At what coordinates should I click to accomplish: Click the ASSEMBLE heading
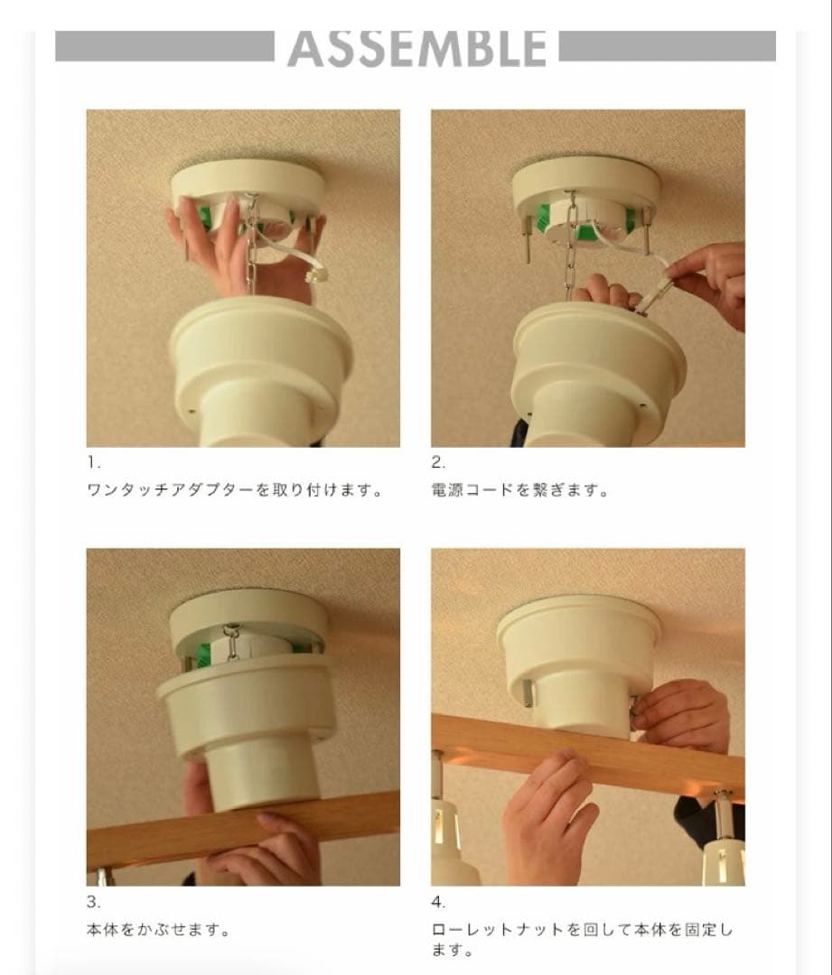click(x=416, y=49)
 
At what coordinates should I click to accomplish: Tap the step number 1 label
click(x=94, y=463)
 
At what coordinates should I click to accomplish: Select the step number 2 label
click(x=438, y=463)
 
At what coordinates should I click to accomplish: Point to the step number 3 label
click(x=94, y=902)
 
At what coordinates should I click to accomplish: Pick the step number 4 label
click(x=438, y=902)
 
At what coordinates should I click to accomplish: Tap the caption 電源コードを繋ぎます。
click(x=520, y=491)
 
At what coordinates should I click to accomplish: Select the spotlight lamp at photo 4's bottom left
click(x=452, y=849)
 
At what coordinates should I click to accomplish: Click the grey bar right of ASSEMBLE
click(x=667, y=47)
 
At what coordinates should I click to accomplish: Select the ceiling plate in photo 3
click(x=248, y=614)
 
